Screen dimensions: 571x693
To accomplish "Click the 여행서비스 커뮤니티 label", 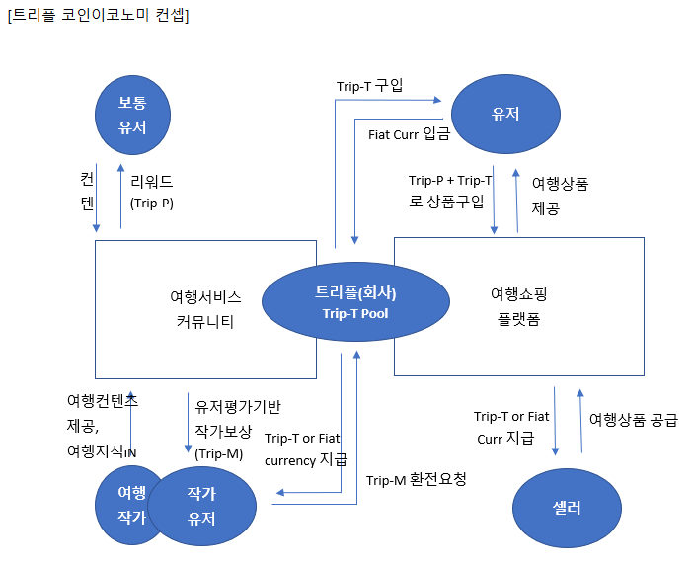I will point(205,308).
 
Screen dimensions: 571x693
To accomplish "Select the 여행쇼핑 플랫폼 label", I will point(518,306).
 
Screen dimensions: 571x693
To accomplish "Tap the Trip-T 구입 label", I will point(370,85).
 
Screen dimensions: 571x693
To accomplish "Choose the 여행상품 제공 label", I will point(560,196).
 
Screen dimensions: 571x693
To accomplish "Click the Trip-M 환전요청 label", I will point(416,480).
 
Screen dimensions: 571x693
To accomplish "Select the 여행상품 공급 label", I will point(633,420).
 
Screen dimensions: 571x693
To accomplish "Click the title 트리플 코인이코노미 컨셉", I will point(99,16).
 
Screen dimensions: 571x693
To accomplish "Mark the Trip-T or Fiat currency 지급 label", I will point(305,449).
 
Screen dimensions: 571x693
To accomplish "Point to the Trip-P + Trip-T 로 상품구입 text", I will point(450,191).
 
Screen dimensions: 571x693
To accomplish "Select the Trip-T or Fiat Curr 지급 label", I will point(510,428).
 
